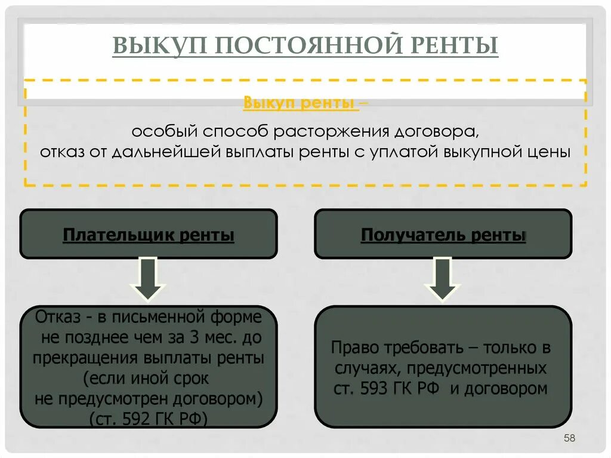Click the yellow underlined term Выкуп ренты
pos(301,103)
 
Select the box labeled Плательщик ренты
pos(149,235)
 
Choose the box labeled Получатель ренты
pos(443,235)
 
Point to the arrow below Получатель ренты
pos(442,279)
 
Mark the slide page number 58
pos(569,439)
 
